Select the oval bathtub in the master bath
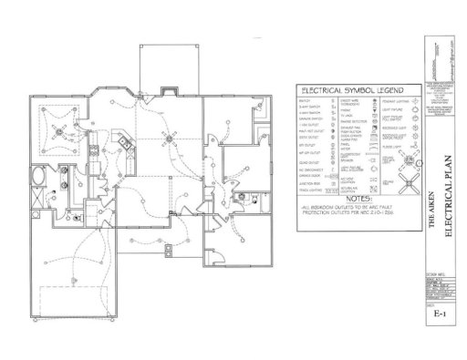42,175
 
